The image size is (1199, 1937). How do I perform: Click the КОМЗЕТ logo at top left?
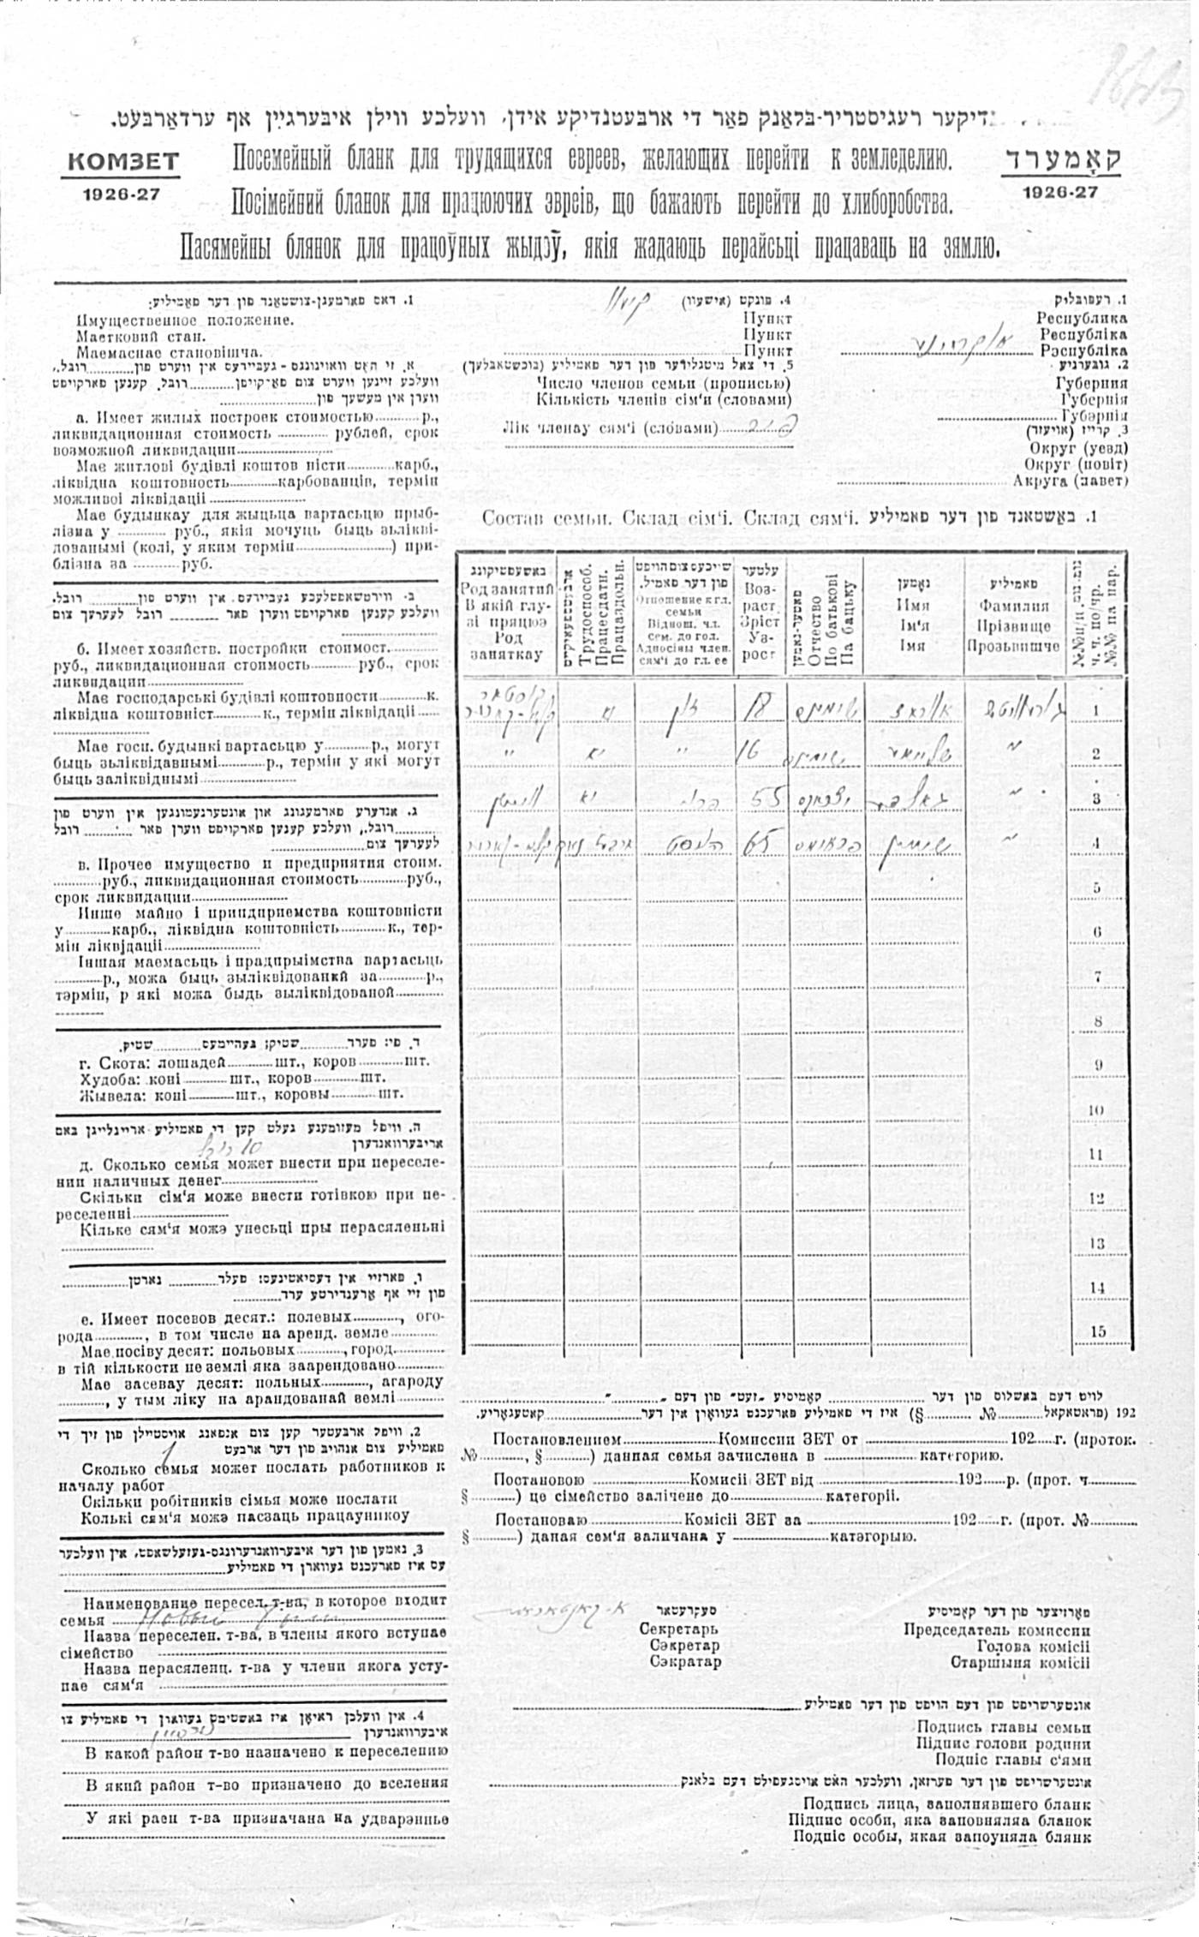click(x=122, y=162)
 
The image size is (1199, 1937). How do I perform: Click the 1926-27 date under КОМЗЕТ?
click(x=122, y=194)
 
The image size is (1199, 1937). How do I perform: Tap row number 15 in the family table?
click(x=1097, y=1331)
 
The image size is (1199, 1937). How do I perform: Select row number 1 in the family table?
click(x=1097, y=710)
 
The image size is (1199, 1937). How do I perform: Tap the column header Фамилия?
click(x=1013, y=606)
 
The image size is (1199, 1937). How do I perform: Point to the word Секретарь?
click(x=679, y=1629)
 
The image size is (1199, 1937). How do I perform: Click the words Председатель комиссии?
click(x=997, y=1629)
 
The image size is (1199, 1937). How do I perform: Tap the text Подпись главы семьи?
click(x=1003, y=1728)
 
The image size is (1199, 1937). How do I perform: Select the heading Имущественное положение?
click(x=184, y=320)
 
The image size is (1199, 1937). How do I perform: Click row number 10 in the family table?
click(x=1097, y=1109)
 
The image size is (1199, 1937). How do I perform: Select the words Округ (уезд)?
click(x=1078, y=448)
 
